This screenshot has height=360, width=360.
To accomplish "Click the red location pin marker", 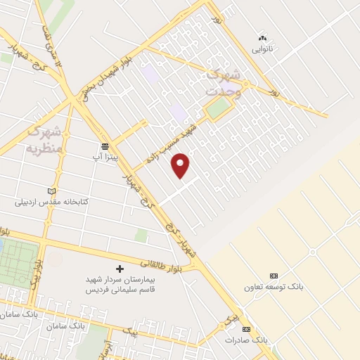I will (181, 165).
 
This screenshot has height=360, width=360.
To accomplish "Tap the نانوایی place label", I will (264, 49).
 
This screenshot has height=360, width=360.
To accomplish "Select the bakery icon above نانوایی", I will (263, 38).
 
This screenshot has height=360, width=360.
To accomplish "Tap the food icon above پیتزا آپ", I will (105, 146).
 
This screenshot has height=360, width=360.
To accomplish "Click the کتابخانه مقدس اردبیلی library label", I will (53, 202).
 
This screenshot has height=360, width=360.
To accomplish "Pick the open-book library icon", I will (50, 191).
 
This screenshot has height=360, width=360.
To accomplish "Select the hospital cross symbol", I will (119, 269).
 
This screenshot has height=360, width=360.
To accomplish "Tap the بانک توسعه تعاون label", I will (273, 287).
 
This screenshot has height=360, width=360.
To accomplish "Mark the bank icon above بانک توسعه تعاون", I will (274, 276).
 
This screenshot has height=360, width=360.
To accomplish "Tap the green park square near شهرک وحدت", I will (218, 108).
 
